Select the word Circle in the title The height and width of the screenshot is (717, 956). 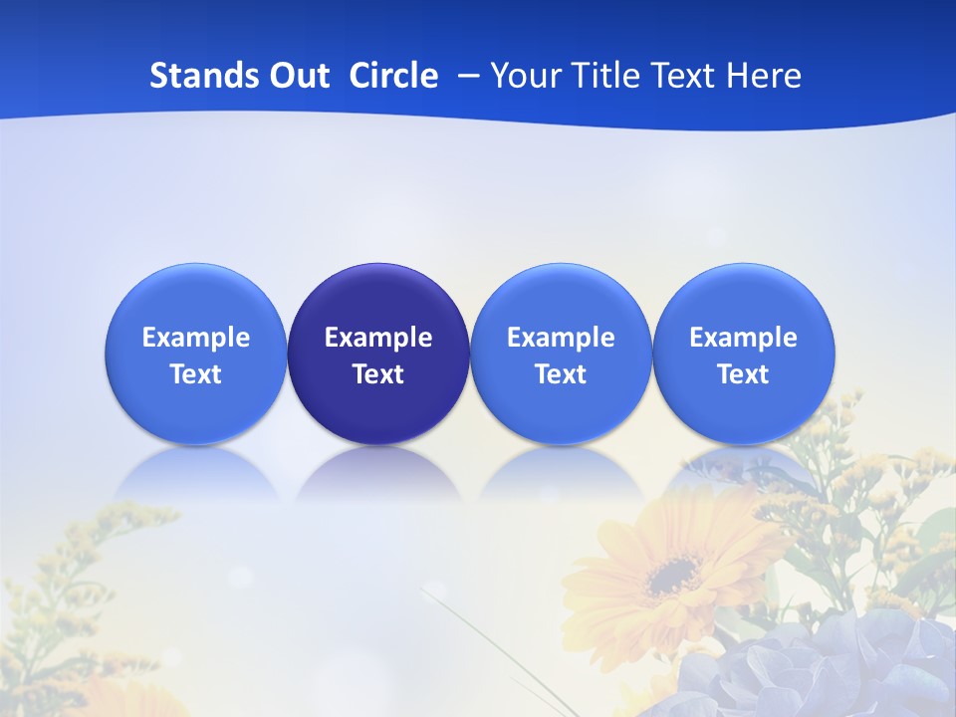point(393,76)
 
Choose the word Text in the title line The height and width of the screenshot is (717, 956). point(687,76)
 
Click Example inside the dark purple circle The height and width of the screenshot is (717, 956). point(378,338)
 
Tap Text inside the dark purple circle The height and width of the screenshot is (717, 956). point(378,374)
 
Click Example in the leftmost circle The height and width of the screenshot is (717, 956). point(195,338)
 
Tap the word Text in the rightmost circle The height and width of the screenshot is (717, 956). point(743,374)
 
